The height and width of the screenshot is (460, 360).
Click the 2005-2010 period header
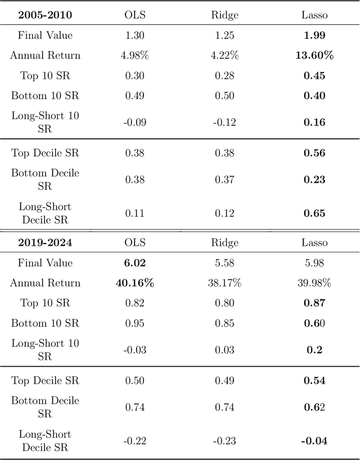pyautogui.click(x=45, y=15)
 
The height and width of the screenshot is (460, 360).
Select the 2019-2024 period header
pyautogui.click(x=45, y=243)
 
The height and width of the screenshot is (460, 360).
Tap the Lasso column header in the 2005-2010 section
pyautogui.click(x=314, y=15)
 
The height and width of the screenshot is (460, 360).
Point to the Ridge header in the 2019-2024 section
pyautogui.click(x=224, y=243)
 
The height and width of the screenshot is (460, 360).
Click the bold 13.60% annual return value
pyautogui.click(x=314, y=55)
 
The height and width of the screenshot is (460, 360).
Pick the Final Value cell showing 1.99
pyautogui.click(x=314, y=35)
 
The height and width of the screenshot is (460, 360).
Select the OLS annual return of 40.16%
pyautogui.click(x=134, y=283)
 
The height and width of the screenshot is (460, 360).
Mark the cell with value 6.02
pyautogui.click(x=134, y=263)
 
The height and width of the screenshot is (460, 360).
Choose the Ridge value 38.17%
pyautogui.click(x=224, y=283)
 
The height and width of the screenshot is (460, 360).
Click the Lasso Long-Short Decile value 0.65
pyautogui.click(x=314, y=213)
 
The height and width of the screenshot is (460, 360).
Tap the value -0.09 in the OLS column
pyautogui.click(x=134, y=122)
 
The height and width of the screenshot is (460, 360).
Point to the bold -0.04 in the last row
pyautogui.click(x=314, y=441)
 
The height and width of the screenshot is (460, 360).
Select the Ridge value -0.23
pyautogui.click(x=224, y=441)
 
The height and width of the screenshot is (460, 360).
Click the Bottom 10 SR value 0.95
pyautogui.click(x=134, y=323)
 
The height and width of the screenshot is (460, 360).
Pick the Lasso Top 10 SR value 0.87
pyautogui.click(x=314, y=303)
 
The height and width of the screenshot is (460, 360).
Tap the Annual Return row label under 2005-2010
pyautogui.click(x=45, y=55)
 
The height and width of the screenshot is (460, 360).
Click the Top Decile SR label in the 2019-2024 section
pyautogui.click(x=45, y=381)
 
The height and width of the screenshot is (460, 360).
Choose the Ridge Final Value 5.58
pyautogui.click(x=224, y=263)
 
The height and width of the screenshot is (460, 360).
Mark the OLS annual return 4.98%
pyautogui.click(x=134, y=55)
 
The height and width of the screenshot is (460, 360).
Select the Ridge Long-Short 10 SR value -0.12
pyautogui.click(x=224, y=122)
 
